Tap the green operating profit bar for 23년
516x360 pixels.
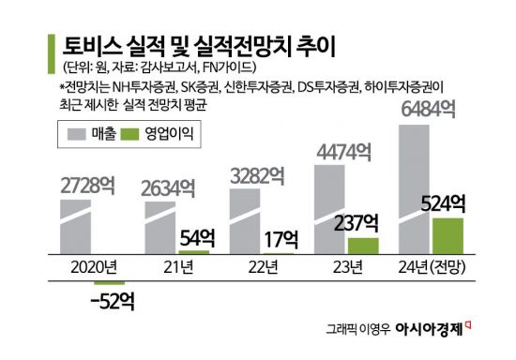363,246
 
